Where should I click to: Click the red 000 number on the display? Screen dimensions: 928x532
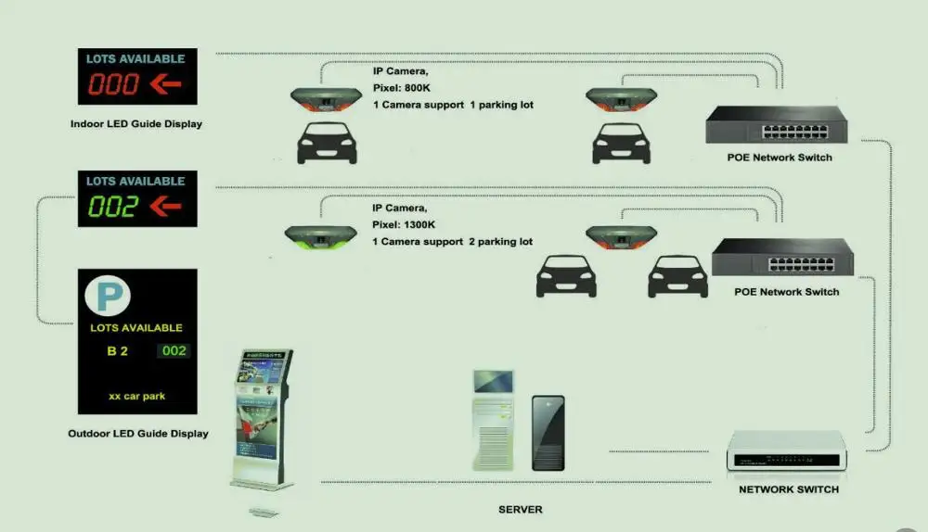[x=113, y=85]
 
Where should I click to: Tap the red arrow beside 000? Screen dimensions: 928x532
[x=165, y=85]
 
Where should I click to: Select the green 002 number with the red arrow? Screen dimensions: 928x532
[x=113, y=207]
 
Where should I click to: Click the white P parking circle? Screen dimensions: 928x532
[x=108, y=297]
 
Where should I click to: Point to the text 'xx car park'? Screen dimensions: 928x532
[x=136, y=396]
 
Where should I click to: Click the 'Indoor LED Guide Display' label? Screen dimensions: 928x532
[x=135, y=123]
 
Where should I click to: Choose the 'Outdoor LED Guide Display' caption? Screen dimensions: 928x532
[x=138, y=433]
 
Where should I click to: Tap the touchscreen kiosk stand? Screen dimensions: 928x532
[x=262, y=417]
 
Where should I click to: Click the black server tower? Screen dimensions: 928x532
[x=548, y=433]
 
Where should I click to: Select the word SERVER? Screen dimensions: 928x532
[x=520, y=510]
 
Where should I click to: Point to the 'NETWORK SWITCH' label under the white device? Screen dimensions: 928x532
[x=788, y=489]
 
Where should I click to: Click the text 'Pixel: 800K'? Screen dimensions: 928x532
[x=403, y=88]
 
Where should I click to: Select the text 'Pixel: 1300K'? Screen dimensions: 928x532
[x=406, y=225]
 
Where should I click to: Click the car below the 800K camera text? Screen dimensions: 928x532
[x=327, y=145]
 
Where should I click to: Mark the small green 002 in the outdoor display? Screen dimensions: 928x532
[x=174, y=350]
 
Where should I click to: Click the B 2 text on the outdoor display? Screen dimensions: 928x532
[x=117, y=350]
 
